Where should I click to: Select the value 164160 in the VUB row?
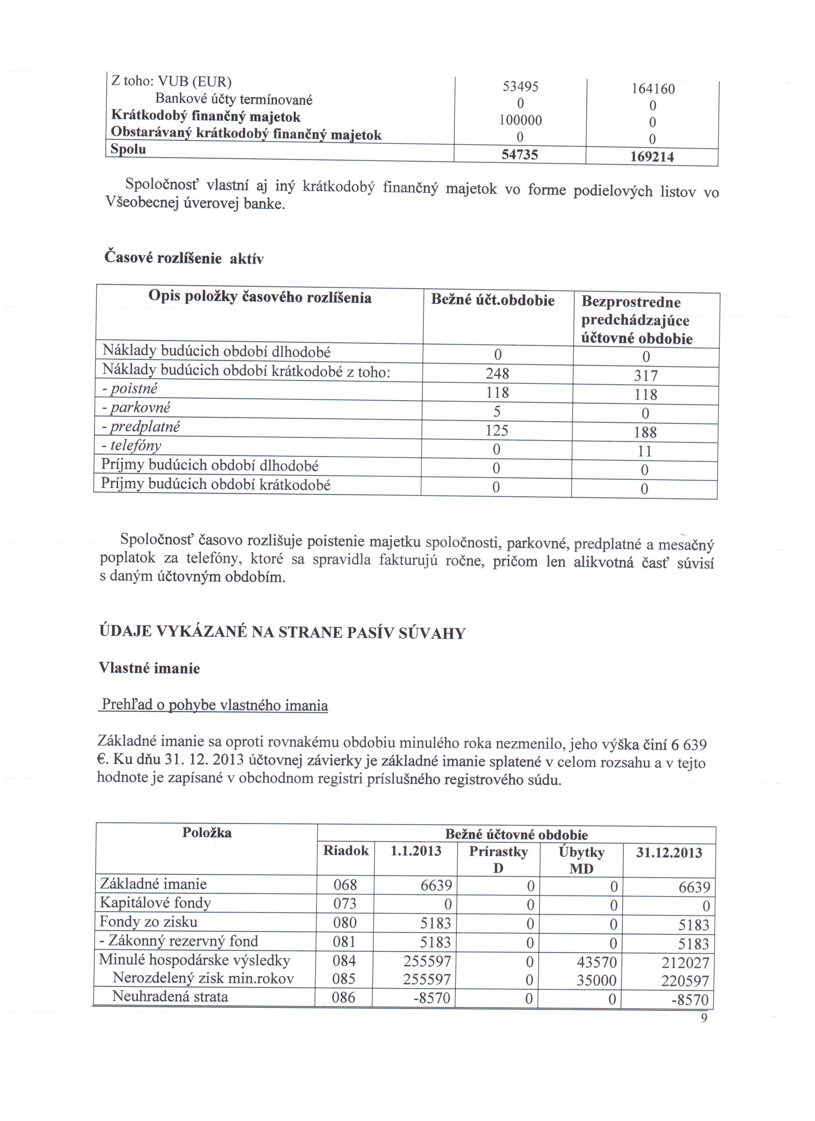(653, 89)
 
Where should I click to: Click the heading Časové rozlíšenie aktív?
(184, 258)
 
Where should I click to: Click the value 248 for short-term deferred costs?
(497, 373)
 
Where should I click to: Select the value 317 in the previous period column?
(645, 376)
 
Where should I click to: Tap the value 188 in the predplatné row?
(645, 432)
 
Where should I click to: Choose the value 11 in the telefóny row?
(645, 451)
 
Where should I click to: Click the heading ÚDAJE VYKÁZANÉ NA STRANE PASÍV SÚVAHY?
(282, 633)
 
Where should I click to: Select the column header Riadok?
(346, 850)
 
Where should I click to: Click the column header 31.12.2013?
(669, 853)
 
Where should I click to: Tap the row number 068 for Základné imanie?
(345, 885)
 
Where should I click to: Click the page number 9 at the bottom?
(704, 1018)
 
